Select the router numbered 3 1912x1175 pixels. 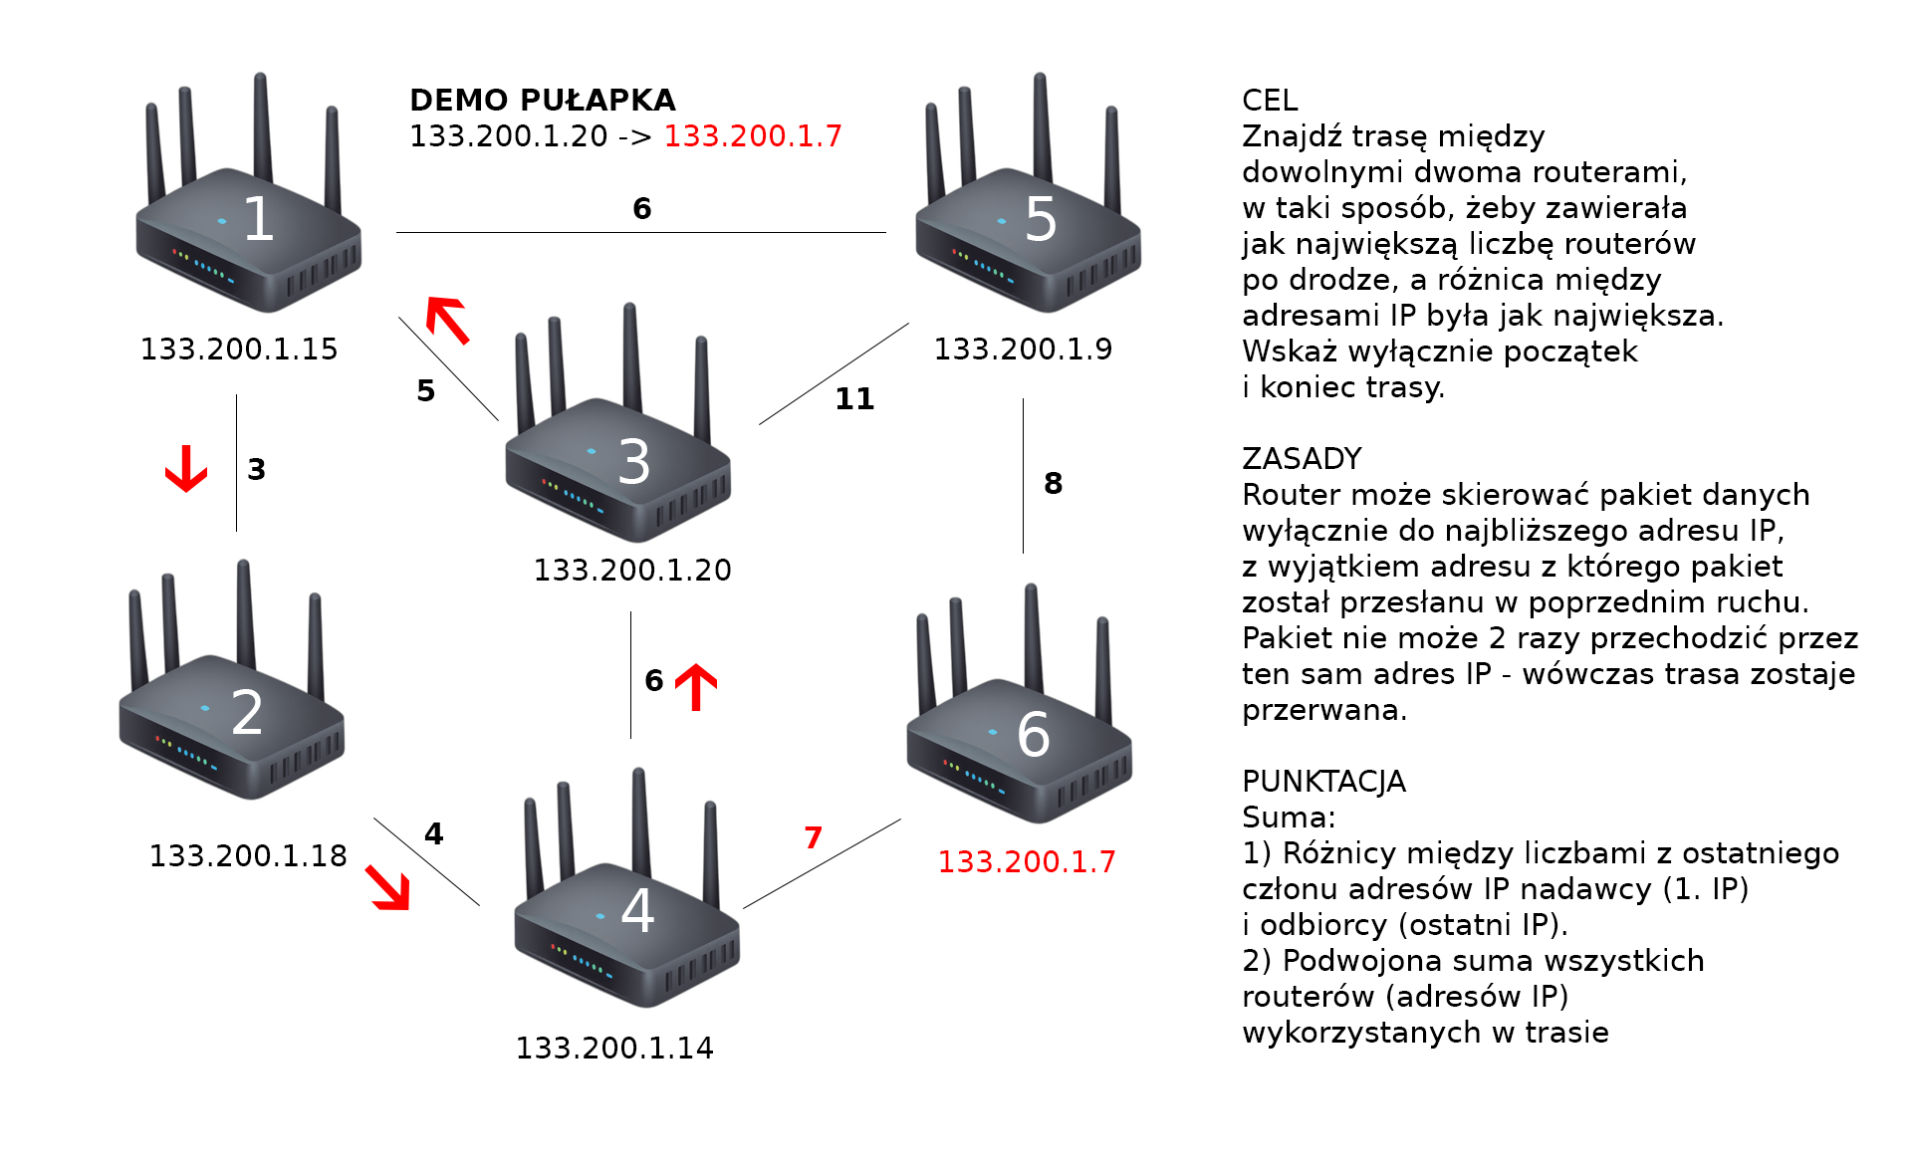(x=618, y=458)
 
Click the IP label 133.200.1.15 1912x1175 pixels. (x=239, y=350)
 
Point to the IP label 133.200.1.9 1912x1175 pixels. (x=1023, y=350)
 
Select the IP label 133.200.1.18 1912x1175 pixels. (x=248, y=856)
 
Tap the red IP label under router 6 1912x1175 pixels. (x=1027, y=862)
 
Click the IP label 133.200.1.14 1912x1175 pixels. (x=614, y=1049)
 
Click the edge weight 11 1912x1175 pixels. (x=854, y=399)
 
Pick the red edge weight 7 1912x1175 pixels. (x=814, y=837)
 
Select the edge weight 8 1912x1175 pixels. (x=1054, y=484)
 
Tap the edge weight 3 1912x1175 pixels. (x=257, y=470)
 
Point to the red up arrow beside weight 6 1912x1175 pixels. (x=696, y=687)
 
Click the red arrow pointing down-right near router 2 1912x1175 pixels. (x=388, y=887)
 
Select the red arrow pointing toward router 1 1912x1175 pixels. (x=447, y=320)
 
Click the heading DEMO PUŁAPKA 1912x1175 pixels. (x=543, y=101)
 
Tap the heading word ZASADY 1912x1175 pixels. (x=1302, y=459)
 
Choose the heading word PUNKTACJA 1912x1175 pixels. (x=1323, y=782)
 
